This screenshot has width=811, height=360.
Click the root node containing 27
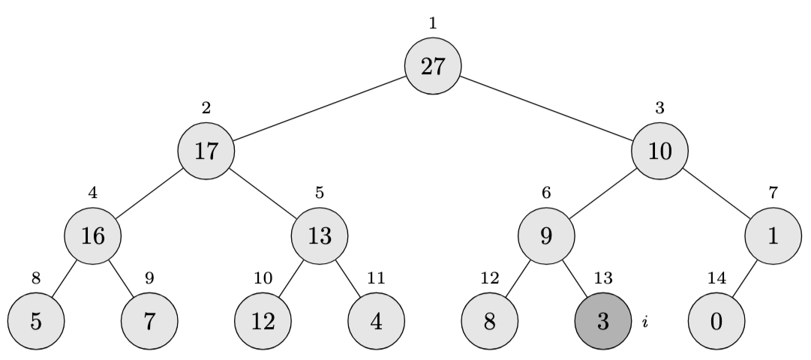433,66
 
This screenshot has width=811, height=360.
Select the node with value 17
206,151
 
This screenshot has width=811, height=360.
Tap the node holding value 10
659,151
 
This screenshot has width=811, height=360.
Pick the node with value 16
93,235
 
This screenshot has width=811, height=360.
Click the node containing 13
320,235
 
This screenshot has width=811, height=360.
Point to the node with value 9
546,235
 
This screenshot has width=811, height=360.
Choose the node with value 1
773,235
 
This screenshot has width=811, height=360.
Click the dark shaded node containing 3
603,321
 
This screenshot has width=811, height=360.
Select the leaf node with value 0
716,321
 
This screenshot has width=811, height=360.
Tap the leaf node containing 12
263,321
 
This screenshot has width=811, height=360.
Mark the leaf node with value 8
490,321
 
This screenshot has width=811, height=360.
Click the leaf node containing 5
36,321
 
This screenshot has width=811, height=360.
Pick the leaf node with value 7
149,321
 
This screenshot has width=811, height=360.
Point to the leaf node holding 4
377,321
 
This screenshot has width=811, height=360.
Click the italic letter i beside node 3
645,322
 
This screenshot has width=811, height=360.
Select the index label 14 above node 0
716,278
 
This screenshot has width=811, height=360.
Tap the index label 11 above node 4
377,278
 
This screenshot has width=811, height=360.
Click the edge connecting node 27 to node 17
320,109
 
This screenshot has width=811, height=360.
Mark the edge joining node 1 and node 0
744,278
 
